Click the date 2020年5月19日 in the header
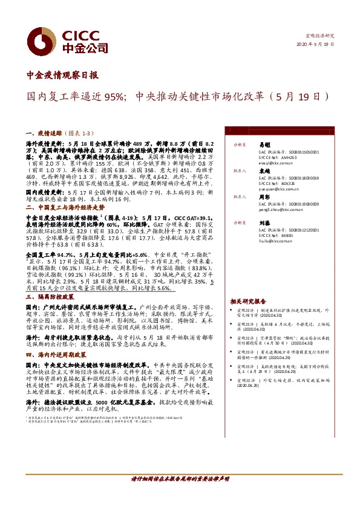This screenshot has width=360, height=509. tap(316, 45)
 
